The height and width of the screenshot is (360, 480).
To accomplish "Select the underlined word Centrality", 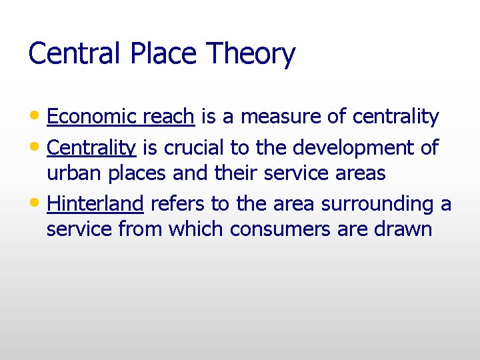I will coord(91,147).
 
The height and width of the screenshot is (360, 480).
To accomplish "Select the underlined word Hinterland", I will coord(95,203).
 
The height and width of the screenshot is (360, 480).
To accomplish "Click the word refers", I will coord(178,203).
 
